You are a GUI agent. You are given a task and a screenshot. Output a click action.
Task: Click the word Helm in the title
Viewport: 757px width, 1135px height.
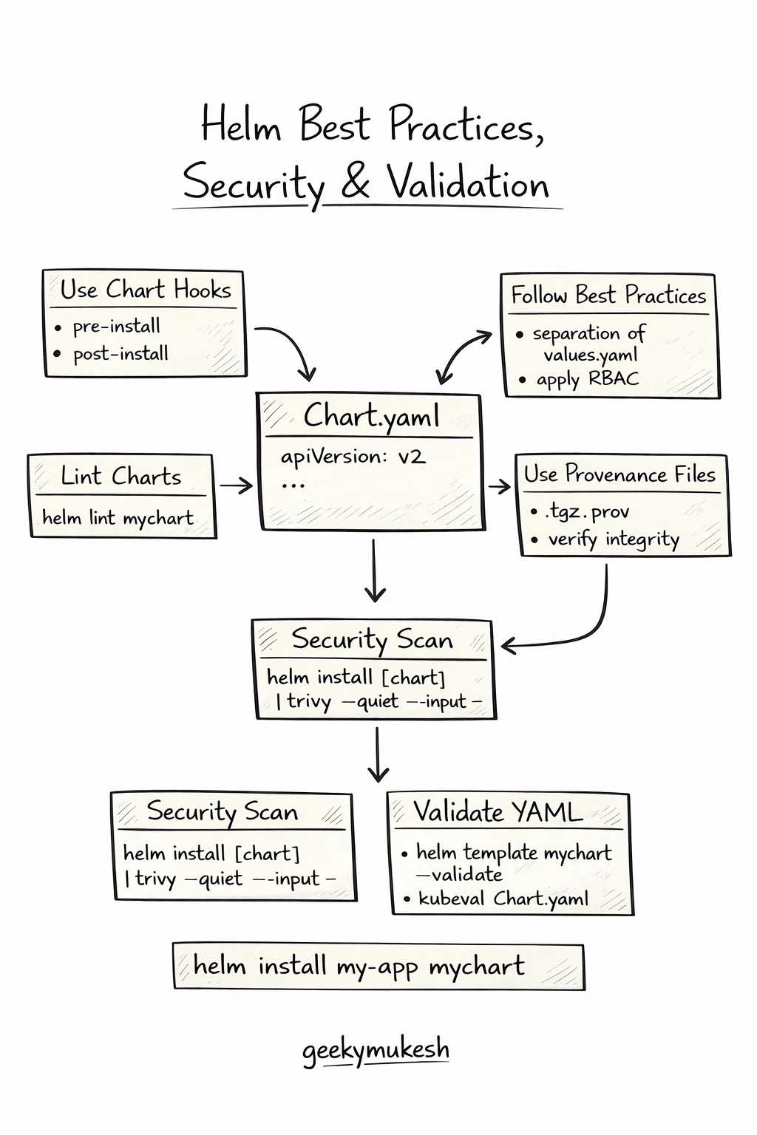click(x=242, y=124)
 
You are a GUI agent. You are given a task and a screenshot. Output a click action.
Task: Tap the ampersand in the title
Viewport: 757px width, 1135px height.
click(x=356, y=182)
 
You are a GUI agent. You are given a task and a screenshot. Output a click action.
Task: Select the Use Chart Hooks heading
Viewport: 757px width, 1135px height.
click(x=146, y=290)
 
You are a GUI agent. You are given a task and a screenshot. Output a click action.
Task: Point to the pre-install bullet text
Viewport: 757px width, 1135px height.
click(x=116, y=326)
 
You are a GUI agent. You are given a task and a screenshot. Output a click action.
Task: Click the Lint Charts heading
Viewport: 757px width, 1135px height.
click(x=121, y=477)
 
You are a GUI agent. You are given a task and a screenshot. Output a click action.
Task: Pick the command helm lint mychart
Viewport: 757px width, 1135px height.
click(x=118, y=517)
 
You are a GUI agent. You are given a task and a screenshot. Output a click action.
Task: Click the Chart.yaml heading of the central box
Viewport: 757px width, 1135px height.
click(x=371, y=416)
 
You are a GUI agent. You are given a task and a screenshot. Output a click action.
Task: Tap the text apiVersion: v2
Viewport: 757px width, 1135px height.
click(x=353, y=457)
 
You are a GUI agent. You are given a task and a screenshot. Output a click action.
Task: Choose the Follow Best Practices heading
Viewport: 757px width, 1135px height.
click(x=608, y=296)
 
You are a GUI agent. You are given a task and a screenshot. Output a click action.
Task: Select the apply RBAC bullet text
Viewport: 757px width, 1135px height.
click(x=587, y=380)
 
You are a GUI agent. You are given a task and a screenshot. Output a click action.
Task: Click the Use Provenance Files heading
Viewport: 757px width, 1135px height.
click(x=619, y=474)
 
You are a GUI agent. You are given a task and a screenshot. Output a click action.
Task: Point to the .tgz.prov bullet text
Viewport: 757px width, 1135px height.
click(x=588, y=511)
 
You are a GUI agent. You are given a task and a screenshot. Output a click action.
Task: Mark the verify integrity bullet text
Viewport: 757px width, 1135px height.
click(x=614, y=539)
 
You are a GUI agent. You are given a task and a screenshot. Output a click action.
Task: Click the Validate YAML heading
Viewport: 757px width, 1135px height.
click(x=498, y=811)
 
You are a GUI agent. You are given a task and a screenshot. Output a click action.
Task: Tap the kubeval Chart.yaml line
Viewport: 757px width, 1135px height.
click(x=503, y=899)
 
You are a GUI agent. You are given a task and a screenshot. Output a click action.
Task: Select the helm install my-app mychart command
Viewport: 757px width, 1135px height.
click(x=359, y=966)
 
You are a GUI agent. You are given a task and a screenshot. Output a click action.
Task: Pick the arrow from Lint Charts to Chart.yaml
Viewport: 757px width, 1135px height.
click(x=236, y=485)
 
